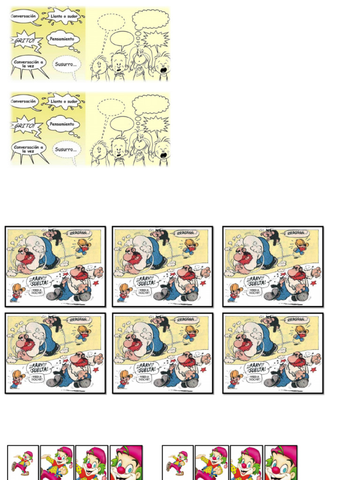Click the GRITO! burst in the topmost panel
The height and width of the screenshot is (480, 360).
click(24, 40)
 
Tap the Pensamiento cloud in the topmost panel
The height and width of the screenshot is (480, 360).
click(63, 39)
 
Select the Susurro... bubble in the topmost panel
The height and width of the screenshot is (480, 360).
click(66, 64)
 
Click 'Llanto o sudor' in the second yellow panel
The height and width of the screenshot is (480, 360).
click(64, 101)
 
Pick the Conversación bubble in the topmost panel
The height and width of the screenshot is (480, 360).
click(23, 16)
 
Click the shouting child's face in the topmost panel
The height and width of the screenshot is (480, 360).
click(162, 68)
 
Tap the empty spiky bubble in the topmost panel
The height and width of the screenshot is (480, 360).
click(155, 39)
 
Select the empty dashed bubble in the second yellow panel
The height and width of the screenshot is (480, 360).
click(111, 107)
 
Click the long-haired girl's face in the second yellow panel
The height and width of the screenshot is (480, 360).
click(140, 143)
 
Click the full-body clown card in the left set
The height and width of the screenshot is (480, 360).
click(22, 462)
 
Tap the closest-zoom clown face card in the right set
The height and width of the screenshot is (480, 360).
click(280, 463)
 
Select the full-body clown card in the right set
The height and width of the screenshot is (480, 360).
click(178, 462)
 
